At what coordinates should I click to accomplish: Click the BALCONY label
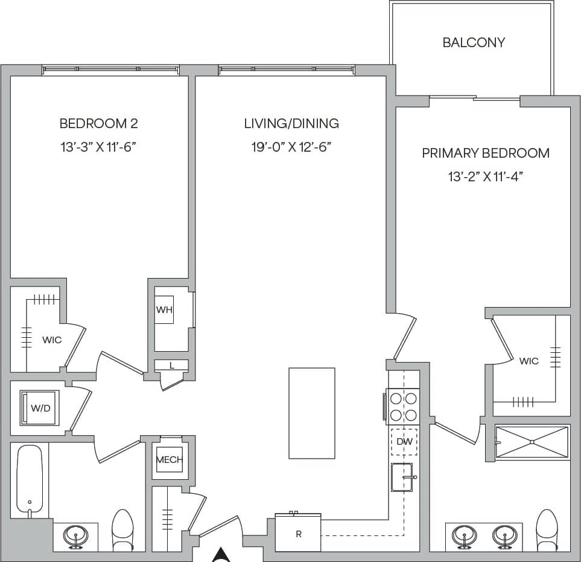[x=474, y=42]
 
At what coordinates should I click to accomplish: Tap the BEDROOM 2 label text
[x=98, y=124]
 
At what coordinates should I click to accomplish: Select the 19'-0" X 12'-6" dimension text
[x=292, y=147]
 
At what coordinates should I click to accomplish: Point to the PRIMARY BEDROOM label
[x=485, y=153]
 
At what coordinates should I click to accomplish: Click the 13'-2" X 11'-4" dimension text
[x=485, y=177]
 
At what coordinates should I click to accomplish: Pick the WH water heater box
[x=164, y=310]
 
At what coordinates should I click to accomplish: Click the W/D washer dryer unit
[x=40, y=408]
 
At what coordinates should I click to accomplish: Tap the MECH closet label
[x=170, y=460]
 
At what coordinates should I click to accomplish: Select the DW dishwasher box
[x=404, y=442]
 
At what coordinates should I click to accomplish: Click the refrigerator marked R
[x=298, y=534]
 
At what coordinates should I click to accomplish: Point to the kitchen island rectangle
[x=311, y=413]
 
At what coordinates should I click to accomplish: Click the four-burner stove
[x=404, y=407]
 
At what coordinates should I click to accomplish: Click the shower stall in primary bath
[x=532, y=442]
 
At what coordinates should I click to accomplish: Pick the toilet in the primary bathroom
[x=547, y=529]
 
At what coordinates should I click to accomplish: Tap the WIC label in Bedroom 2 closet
[x=52, y=340]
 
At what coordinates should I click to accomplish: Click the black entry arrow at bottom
[x=222, y=554]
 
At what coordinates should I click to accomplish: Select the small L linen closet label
[x=171, y=366]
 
